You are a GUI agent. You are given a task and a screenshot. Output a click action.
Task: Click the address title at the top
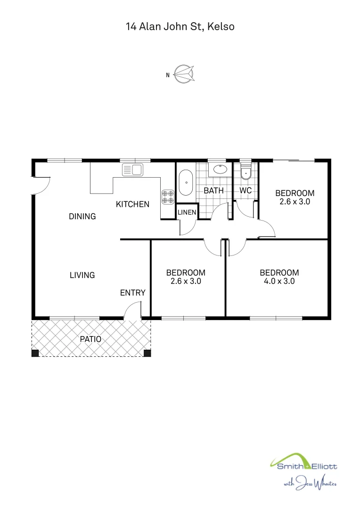[x=180, y=27]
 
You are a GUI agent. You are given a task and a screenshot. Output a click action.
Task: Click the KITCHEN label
[x=133, y=204]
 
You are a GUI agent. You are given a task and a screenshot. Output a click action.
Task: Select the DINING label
[x=82, y=216]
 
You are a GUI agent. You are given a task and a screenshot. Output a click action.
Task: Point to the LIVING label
[x=82, y=275]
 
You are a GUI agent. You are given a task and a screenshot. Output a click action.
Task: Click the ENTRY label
[x=133, y=293]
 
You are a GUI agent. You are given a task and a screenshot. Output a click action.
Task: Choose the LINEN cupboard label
[x=187, y=213]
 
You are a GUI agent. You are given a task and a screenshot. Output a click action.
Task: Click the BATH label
[x=213, y=191]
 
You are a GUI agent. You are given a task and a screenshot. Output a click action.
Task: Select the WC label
[x=245, y=191]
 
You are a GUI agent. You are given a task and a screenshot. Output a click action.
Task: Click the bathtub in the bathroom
[x=186, y=182]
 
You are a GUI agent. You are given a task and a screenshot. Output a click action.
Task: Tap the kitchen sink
[x=132, y=170]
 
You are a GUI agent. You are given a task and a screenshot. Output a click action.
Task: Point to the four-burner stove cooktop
[x=168, y=197]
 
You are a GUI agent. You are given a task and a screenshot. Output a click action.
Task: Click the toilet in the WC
[x=245, y=174]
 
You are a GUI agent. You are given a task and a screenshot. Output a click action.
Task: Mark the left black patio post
[x=35, y=353]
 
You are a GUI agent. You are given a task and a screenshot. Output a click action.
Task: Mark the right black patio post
[x=147, y=353]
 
